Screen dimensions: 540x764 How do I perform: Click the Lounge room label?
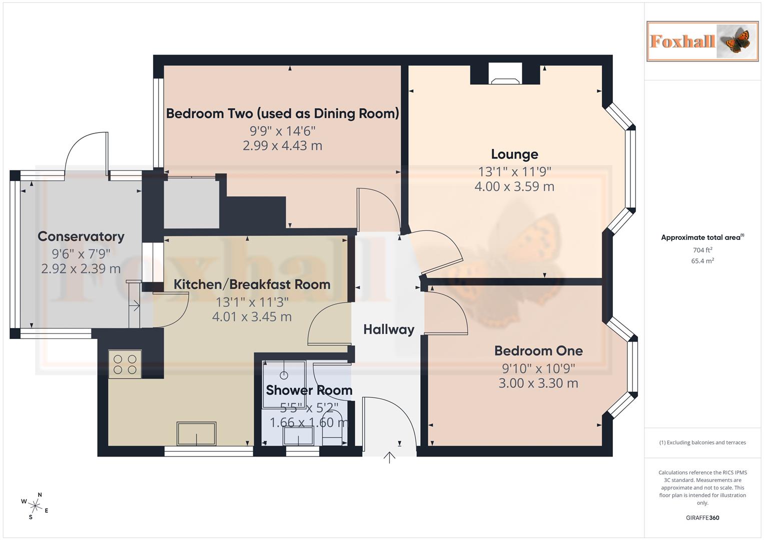coord(514,154)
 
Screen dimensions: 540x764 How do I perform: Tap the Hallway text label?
coord(389,329)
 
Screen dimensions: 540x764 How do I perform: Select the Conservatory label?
coord(81,236)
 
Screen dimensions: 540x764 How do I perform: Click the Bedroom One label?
coord(538,351)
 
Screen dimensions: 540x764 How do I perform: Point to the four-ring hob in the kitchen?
coord(125,364)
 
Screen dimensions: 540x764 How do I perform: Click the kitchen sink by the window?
coord(197,433)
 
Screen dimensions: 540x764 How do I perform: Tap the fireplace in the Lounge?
coord(505,74)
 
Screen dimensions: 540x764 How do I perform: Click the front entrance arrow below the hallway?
coord(389,457)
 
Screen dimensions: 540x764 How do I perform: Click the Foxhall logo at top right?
coord(702,41)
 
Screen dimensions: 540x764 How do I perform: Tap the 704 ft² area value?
coord(702,250)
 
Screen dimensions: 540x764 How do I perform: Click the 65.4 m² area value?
coord(702,261)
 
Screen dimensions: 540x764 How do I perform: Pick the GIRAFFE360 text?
coord(702,518)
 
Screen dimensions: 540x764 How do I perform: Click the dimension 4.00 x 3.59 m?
coord(514,186)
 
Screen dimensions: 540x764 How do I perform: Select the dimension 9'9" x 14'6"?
coord(283,131)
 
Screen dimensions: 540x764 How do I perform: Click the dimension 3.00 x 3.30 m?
coord(538,383)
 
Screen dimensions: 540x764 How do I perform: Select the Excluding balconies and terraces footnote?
coord(702,442)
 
